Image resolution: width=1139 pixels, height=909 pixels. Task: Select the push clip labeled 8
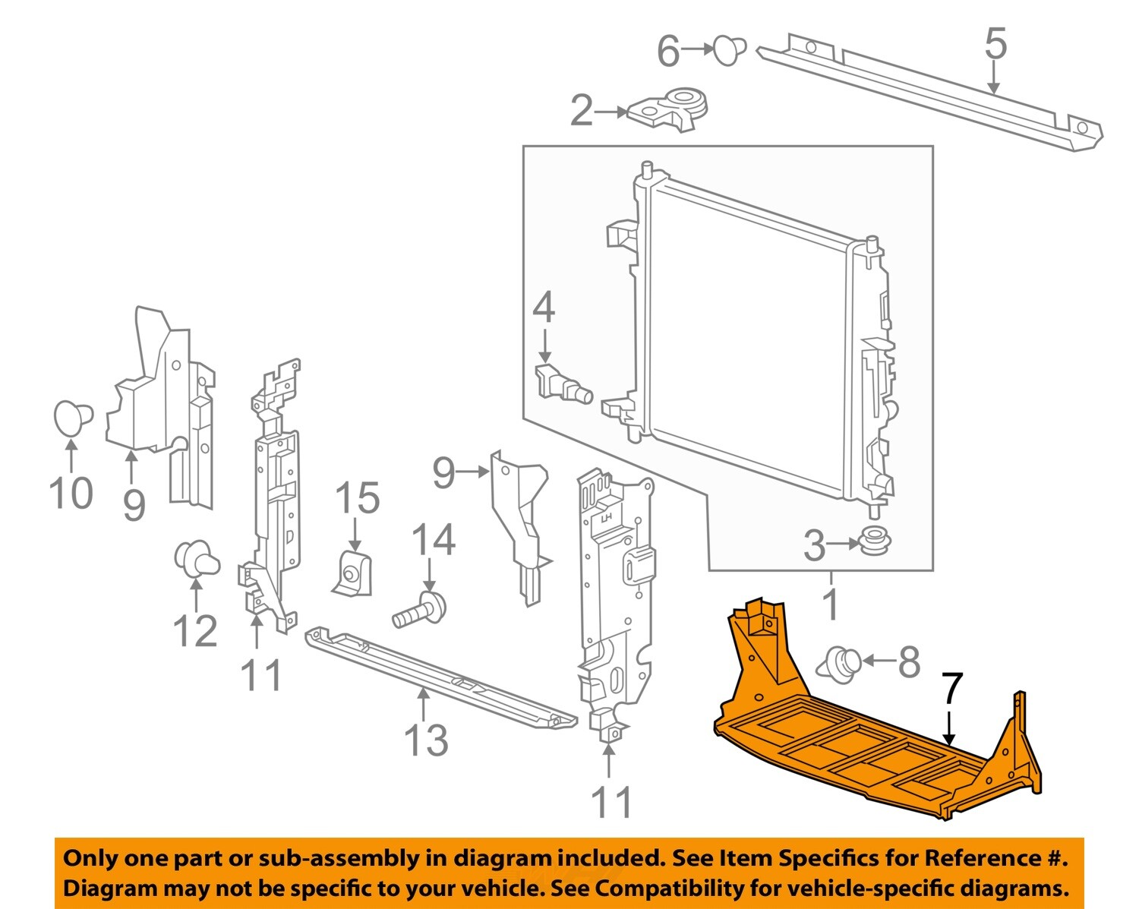[840, 663]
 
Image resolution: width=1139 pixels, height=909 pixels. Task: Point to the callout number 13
[426, 740]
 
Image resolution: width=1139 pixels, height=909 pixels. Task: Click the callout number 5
[995, 43]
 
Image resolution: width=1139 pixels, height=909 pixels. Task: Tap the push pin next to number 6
[729, 49]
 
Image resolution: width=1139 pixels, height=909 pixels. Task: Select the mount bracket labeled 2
[669, 110]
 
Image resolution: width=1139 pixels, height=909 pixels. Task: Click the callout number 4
[544, 308]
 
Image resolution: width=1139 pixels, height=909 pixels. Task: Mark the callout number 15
[357, 499]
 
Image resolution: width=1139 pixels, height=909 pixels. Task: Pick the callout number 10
[71, 494]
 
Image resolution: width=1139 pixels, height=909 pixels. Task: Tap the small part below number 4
[563, 384]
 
